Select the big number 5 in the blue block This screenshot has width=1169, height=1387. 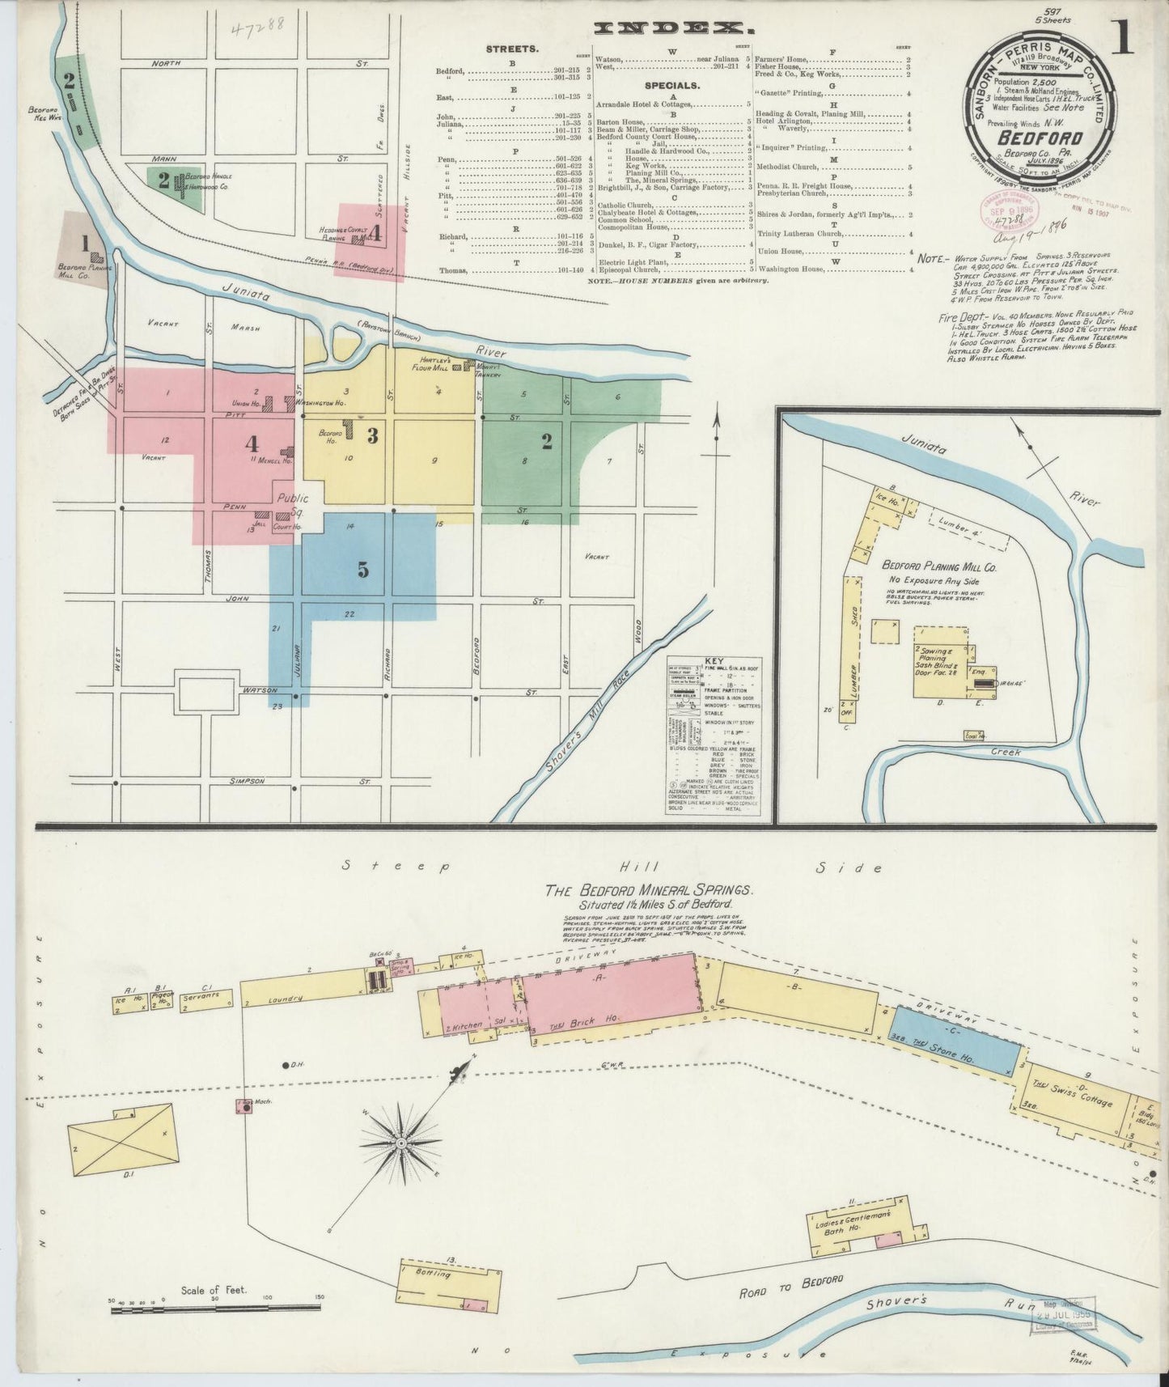tap(363, 570)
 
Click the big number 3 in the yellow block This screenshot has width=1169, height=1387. tap(372, 436)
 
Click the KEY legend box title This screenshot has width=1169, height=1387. tap(714, 661)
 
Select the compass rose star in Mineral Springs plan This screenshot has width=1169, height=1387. tap(400, 1143)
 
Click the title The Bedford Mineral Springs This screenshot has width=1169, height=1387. tap(650, 890)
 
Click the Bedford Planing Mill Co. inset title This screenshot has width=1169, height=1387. tap(938, 568)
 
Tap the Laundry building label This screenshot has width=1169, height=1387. tap(287, 999)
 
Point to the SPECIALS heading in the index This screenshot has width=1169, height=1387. tap(671, 83)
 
